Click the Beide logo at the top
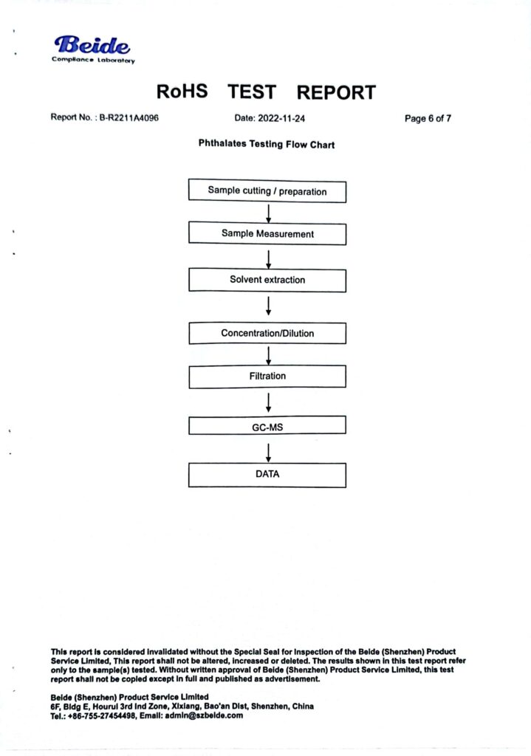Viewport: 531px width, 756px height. coord(93,49)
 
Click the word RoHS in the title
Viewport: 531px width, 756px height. coord(182,91)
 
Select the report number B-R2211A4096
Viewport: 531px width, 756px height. coord(129,117)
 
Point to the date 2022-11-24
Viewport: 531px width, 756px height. coord(281,118)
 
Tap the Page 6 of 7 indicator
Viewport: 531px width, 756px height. coord(428,118)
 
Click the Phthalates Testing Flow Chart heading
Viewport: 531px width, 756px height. coord(266,144)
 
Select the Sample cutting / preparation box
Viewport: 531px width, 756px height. coord(267,191)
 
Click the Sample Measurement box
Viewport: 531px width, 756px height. coord(267,233)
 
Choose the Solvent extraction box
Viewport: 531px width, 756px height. coord(267,280)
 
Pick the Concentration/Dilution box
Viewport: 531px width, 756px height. coord(267,333)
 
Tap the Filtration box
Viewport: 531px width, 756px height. coord(267,376)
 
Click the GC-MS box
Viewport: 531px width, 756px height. coord(267,425)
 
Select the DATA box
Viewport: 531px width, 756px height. coord(267,475)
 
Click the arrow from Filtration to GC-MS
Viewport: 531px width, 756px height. coord(269,402)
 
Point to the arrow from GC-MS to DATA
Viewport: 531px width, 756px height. coord(269,453)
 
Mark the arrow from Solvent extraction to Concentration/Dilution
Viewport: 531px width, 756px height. coord(269,306)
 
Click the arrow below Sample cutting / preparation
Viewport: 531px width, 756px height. coord(269,213)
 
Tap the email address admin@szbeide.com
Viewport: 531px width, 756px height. coord(204,715)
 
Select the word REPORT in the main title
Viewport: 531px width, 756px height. coord(336,92)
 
